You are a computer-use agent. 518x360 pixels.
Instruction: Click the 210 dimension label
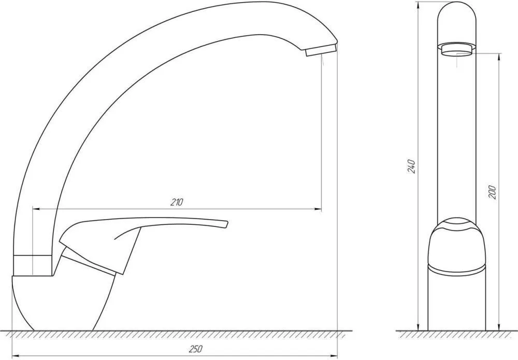point(177,202)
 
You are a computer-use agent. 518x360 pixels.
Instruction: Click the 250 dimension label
point(196,349)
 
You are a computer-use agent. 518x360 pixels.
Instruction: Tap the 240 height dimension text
point(411,166)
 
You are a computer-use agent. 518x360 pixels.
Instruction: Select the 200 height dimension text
point(492,192)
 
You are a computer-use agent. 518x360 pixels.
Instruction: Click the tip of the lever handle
point(227,224)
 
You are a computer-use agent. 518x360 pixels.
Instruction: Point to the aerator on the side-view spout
point(321,51)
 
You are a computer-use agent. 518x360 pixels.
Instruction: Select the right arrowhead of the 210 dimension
point(318,209)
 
